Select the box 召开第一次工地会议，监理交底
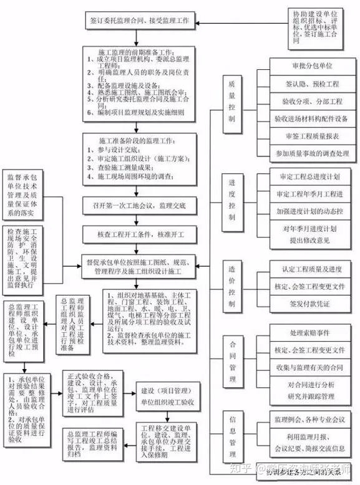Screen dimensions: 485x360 [x=139, y=204]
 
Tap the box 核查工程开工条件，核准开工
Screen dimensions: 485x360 [x=139, y=234]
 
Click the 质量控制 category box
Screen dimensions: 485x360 [x=231, y=100]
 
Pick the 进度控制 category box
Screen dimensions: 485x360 [x=231, y=199]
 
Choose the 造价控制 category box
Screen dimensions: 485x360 [x=231, y=285]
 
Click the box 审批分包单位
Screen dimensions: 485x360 [x=311, y=65]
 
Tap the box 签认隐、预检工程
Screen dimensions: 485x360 [x=311, y=83]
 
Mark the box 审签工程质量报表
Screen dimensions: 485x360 [x=311, y=135]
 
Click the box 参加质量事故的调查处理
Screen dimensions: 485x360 [x=311, y=153]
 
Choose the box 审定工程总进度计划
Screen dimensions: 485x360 [x=311, y=178]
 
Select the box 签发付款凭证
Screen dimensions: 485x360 [x=311, y=304]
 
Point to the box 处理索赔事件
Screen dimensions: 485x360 [x=311, y=332]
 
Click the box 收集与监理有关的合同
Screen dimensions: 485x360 [x=311, y=367]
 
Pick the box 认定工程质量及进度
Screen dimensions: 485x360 [x=311, y=269]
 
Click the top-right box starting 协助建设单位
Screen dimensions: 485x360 [x=319, y=25]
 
